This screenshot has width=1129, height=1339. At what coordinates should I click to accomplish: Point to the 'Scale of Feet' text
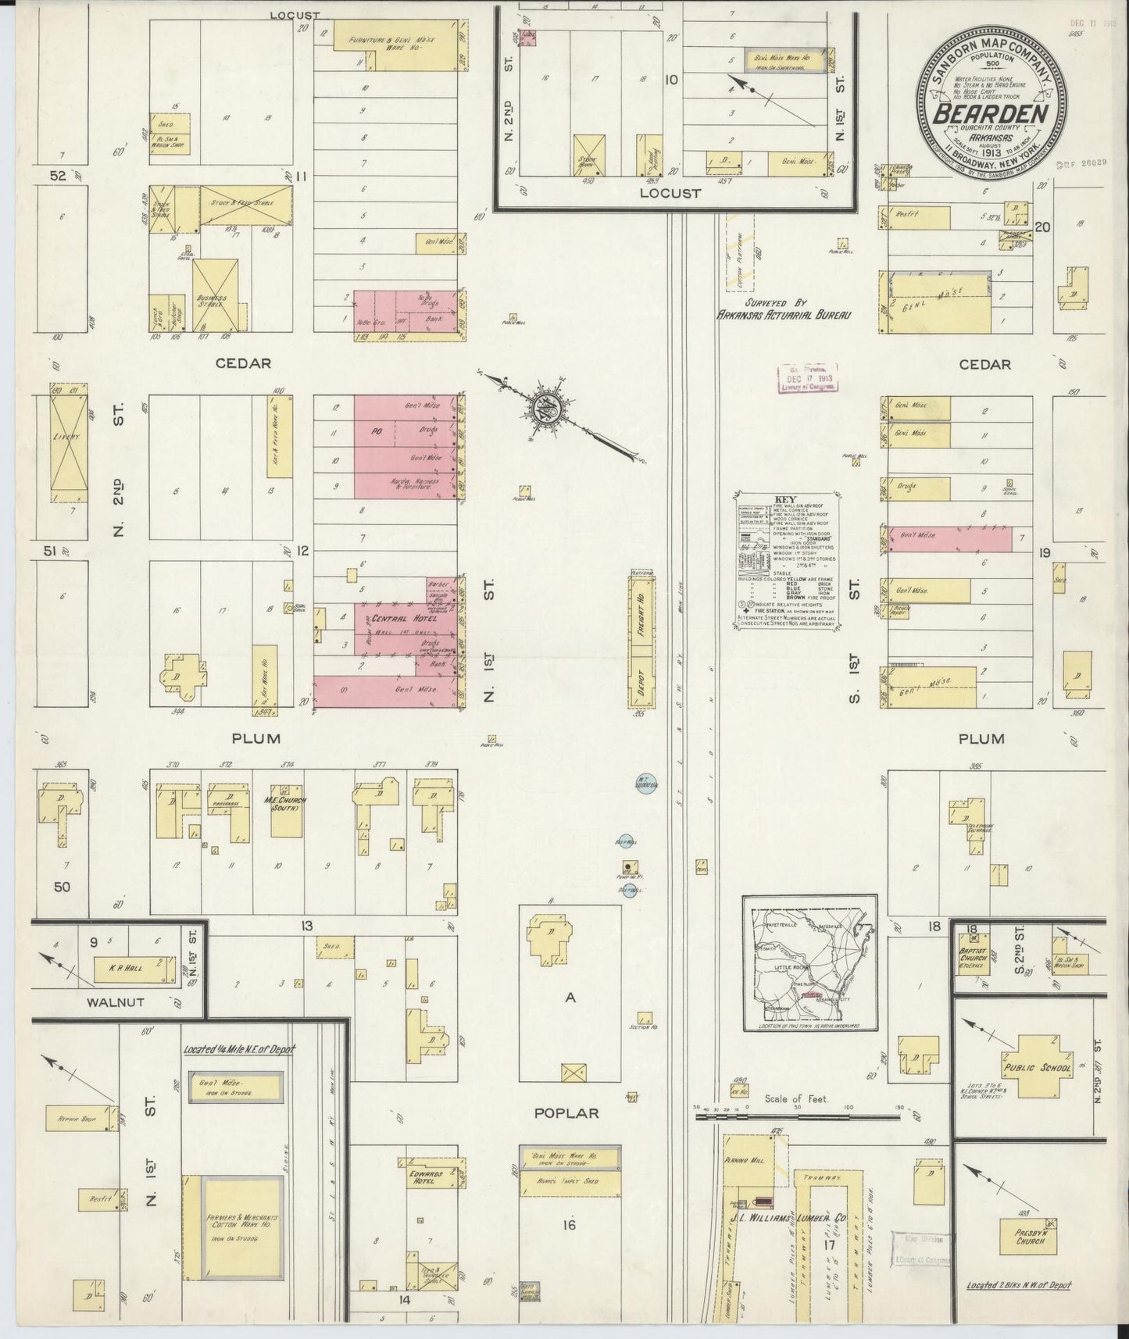pyautogui.click(x=795, y=1098)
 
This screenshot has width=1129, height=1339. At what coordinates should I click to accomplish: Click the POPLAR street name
pyautogui.click(x=568, y=1112)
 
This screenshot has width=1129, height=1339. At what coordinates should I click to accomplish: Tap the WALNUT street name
pyautogui.click(x=115, y=1002)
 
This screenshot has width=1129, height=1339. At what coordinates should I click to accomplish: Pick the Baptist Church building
pyautogui.click(x=969, y=957)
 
